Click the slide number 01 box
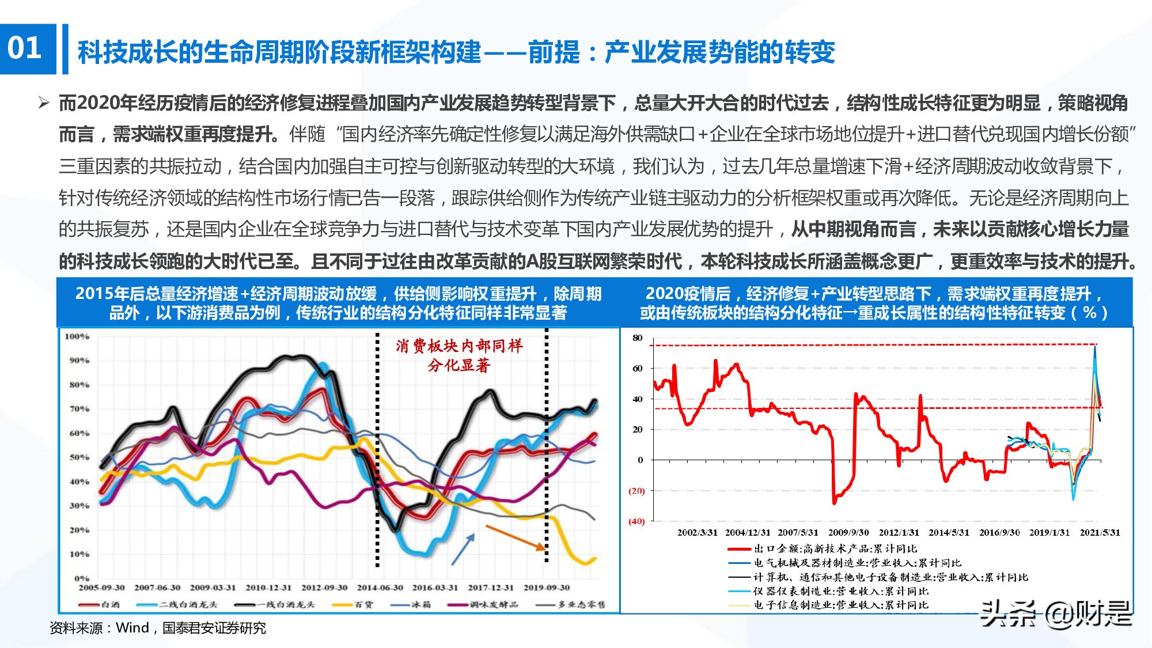point(26,48)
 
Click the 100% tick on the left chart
point(77,336)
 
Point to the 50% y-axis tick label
point(79,457)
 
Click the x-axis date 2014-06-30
point(380,588)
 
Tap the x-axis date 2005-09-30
point(101,588)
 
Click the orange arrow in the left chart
point(515,537)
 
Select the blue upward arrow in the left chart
point(463,548)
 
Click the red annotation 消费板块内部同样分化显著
point(459,355)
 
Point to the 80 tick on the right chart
point(637,338)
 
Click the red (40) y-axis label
point(636,522)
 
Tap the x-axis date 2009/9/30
point(848,533)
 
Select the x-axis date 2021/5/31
point(1100,533)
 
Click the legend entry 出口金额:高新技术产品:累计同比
point(835,549)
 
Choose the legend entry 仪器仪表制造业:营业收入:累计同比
point(840,592)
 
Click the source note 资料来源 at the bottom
point(157,628)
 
